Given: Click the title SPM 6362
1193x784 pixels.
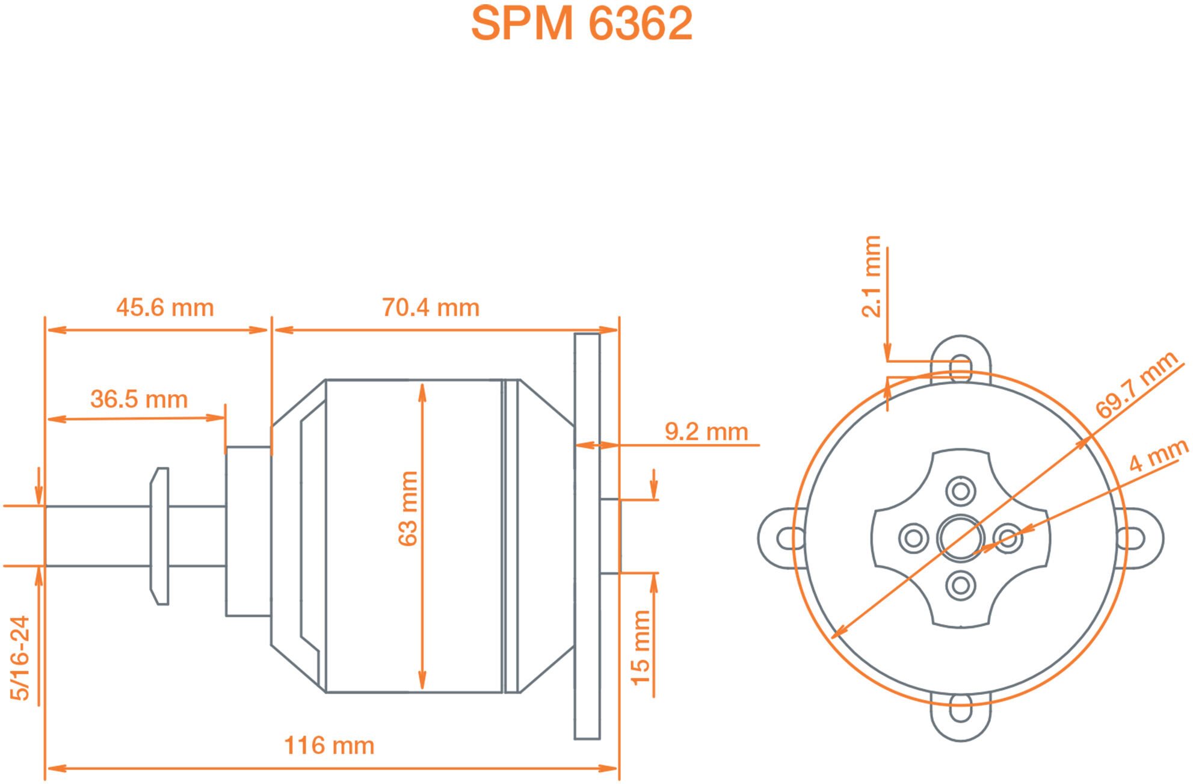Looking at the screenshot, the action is (x=581, y=23).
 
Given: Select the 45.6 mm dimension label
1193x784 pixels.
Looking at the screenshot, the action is (x=165, y=307).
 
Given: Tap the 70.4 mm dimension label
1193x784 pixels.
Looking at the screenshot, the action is (x=431, y=307).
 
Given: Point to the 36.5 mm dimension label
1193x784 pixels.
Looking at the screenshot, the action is (x=139, y=399).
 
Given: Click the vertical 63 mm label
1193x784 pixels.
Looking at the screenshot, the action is (x=408, y=508).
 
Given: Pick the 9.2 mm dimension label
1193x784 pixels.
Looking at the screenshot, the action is (x=706, y=431).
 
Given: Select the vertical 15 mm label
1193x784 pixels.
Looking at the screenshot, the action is (x=641, y=647).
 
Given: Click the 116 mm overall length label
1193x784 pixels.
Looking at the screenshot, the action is (x=329, y=745).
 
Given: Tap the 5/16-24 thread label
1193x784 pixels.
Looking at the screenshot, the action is (x=20, y=658).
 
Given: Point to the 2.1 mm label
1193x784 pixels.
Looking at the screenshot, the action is (x=871, y=276).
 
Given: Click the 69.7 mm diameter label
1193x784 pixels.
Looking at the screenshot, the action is (x=1136, y=385).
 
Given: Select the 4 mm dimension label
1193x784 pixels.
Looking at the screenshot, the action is (x=1158, y=455).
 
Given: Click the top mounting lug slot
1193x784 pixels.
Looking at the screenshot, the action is (x=961, y=368).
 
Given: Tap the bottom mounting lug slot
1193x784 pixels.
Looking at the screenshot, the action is (x=961, y=708).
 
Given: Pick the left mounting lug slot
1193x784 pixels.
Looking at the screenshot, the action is (x=791, y=538).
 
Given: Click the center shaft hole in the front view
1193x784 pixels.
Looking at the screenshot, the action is (x=961, y=538).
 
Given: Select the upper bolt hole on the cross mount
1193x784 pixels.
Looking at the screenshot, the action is (x=961, y=491).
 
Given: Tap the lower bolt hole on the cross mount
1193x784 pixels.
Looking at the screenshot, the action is (x=961, y=585).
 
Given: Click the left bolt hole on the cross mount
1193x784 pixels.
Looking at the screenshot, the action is (x=913, y=538).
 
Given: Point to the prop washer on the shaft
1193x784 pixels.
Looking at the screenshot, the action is (x=160, y=536).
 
